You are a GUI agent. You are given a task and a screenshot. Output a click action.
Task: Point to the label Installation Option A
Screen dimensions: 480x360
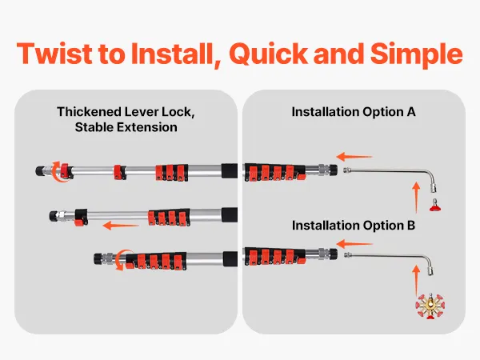click(354, 112)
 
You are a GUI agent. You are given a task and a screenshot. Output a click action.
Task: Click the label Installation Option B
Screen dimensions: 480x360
click(354, 226)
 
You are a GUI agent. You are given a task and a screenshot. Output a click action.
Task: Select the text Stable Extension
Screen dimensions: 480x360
click(126, 127)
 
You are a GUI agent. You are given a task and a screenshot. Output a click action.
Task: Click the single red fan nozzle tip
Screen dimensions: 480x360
click(435, 206)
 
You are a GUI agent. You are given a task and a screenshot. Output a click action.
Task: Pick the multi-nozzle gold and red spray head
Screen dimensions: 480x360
click(430, 306)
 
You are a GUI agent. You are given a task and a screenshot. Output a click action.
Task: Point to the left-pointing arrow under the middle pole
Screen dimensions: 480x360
click(121, 226)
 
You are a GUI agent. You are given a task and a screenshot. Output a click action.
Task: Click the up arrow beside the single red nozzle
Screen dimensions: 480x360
click(416, 198)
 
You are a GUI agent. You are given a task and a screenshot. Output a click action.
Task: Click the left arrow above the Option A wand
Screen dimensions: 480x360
click(354, 157)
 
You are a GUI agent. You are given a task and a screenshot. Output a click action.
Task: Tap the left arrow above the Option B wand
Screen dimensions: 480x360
click(354, 244)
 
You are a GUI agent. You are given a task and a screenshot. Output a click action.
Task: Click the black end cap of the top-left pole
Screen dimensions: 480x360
click(40, 171)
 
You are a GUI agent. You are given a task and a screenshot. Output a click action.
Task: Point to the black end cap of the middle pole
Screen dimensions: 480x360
click(54, 216)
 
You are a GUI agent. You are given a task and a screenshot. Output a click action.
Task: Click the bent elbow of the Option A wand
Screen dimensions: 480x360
click(432, 175)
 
